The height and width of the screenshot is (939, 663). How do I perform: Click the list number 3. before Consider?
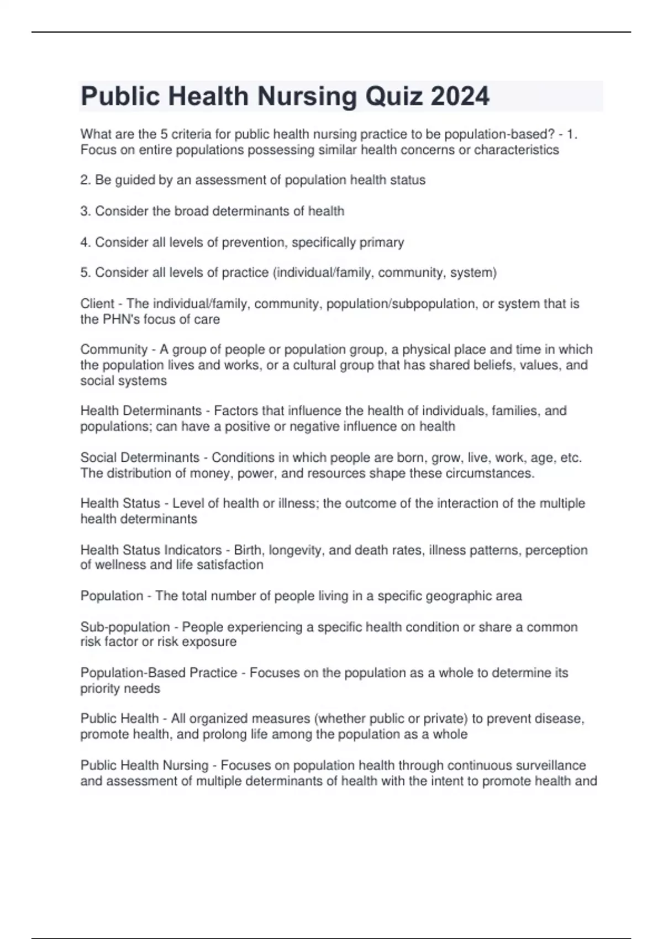point(86,211)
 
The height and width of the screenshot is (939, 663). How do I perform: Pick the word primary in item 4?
point(382,242)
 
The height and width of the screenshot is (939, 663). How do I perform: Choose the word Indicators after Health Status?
point(196,550)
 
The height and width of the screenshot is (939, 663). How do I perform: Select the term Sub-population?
point(125,627)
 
